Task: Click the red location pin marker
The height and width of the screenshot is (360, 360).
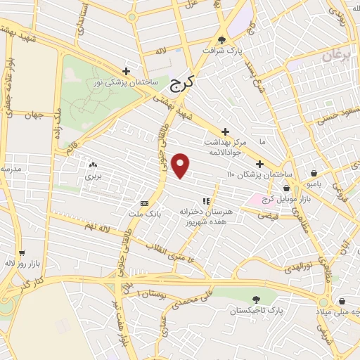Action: point(181,165)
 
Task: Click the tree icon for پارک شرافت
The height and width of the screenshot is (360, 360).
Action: point(222,40)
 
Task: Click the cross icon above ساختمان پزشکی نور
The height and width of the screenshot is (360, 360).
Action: point(126,71)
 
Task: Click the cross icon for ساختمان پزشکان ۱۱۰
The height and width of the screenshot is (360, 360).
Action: point(259,164)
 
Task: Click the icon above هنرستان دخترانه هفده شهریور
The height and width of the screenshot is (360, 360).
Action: point(206,201)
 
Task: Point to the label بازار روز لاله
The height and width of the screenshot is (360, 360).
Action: point(22,263)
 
